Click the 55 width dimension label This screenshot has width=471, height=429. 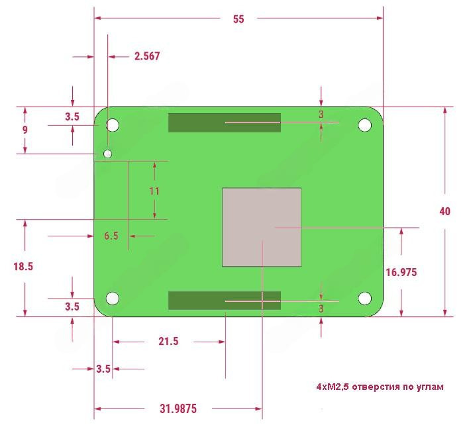(238, 19)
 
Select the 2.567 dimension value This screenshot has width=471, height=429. (147, 56)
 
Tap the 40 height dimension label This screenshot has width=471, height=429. (445, 211)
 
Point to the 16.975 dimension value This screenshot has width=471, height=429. (401, 271)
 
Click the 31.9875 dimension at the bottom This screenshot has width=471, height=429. (178, 408)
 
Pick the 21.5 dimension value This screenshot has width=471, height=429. (169, 342)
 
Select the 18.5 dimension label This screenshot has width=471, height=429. (23, 266)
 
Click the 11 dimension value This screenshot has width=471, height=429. (154, 191)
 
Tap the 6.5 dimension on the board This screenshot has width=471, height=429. (111, 236)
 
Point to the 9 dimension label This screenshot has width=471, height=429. (25, 130)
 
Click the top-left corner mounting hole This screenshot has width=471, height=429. (113, 124)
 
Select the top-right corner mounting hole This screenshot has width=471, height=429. (364, 124)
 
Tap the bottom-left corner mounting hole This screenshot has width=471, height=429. (113, 299)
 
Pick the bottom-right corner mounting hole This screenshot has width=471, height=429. (364, 299)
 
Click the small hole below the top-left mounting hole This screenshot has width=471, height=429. (108, 154)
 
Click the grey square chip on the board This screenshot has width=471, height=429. (262, 227)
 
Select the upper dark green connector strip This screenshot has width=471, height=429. (224, 122)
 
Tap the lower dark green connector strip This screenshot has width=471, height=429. (224, 300)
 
